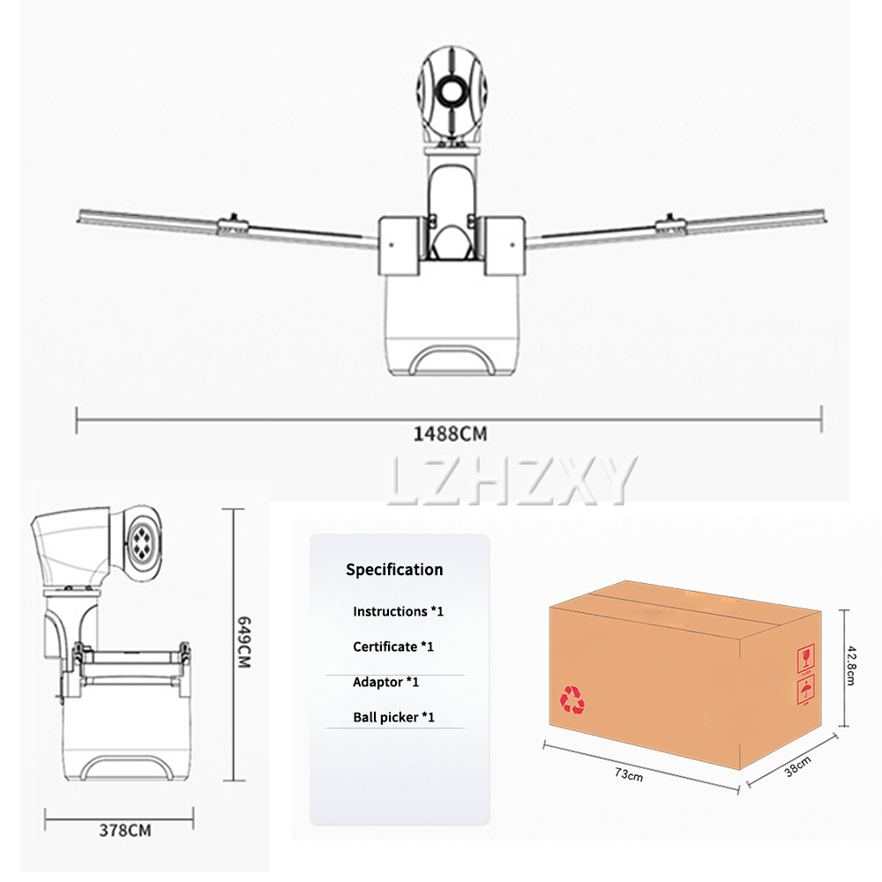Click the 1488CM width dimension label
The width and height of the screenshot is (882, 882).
coord(450,434)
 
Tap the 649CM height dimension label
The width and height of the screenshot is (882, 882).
coord(243,642)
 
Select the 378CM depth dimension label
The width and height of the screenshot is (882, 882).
coord(125,830)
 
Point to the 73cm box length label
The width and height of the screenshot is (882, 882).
coord(628,774)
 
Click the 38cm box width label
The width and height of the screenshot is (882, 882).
coord(797,766)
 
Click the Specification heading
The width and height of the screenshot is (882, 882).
coord(394,570)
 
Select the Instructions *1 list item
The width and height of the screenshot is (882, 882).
coord(399,611)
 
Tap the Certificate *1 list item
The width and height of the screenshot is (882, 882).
coord(393,647)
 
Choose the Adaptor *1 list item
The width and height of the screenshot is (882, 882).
coord(386,683)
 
